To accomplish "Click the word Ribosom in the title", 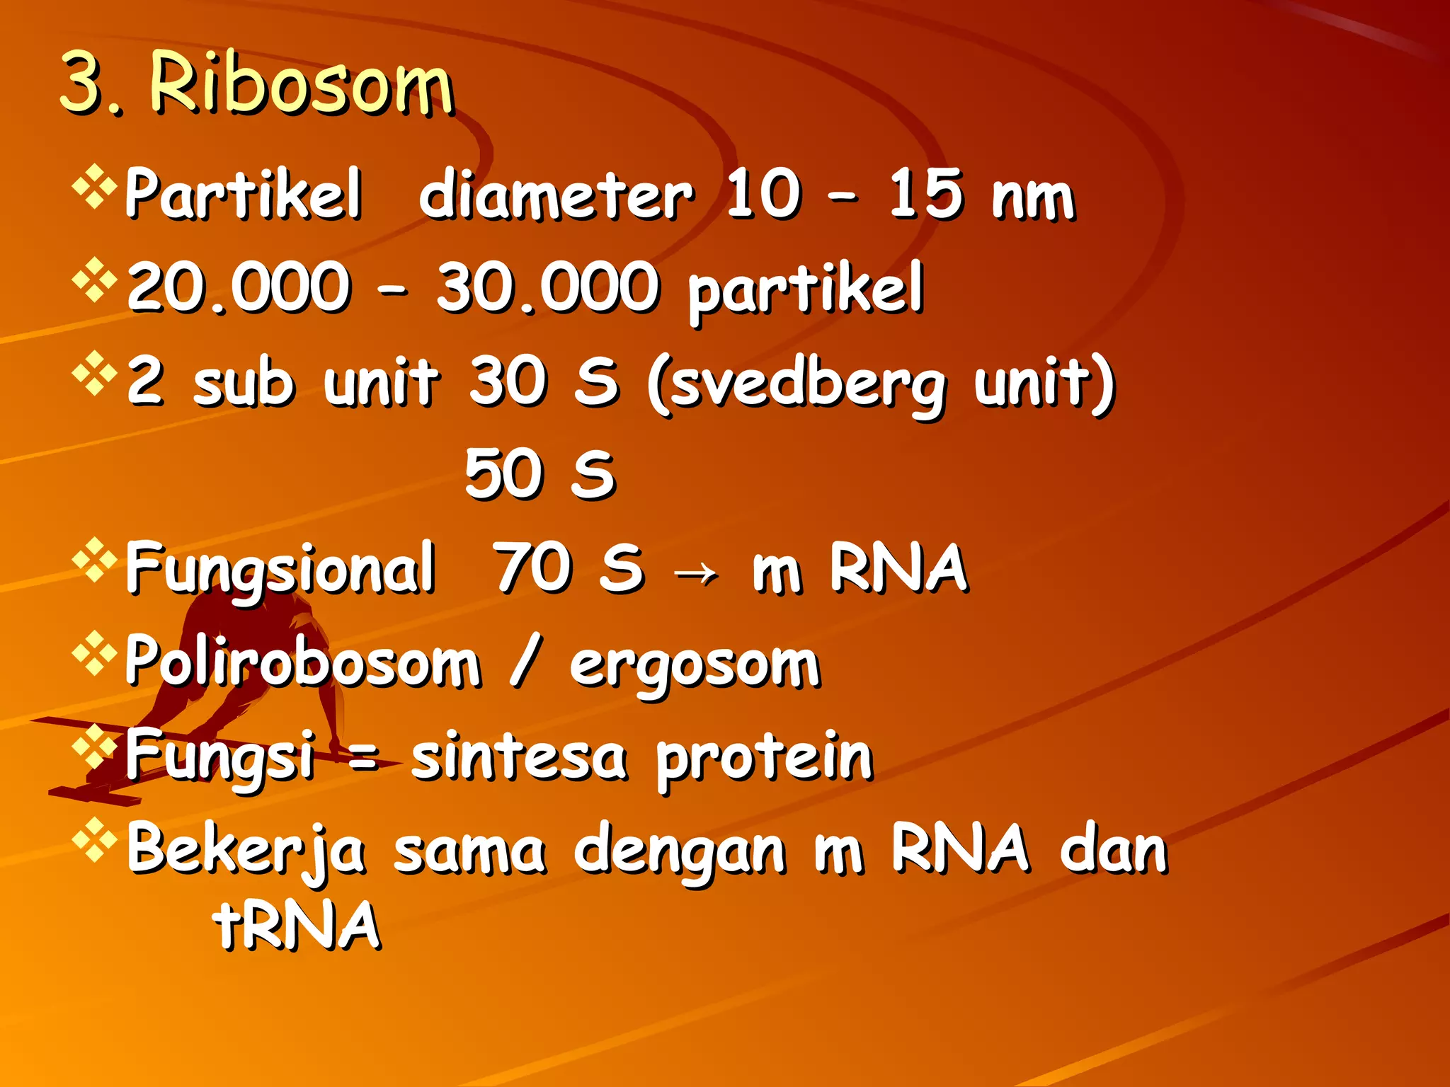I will pos(301,85).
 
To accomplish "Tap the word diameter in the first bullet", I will pos(556,195).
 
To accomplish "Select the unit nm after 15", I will pos(1033,198).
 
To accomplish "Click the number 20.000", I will pos(239,287).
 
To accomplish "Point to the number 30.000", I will pos(547,287).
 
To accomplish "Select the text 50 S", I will pos(540,474).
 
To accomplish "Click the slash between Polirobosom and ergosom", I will pos(525,661).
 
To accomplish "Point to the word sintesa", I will pos(519,757).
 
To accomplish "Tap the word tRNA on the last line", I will pos(297,925).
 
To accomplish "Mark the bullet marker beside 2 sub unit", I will pos(94,374).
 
